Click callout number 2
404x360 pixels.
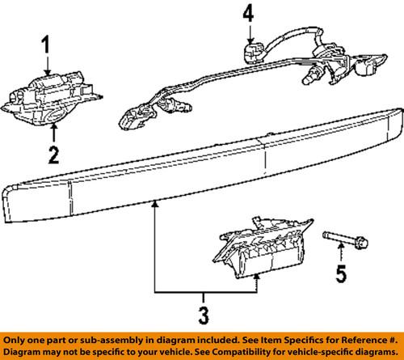52,154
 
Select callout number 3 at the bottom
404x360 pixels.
204,312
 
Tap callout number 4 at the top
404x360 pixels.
248,14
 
